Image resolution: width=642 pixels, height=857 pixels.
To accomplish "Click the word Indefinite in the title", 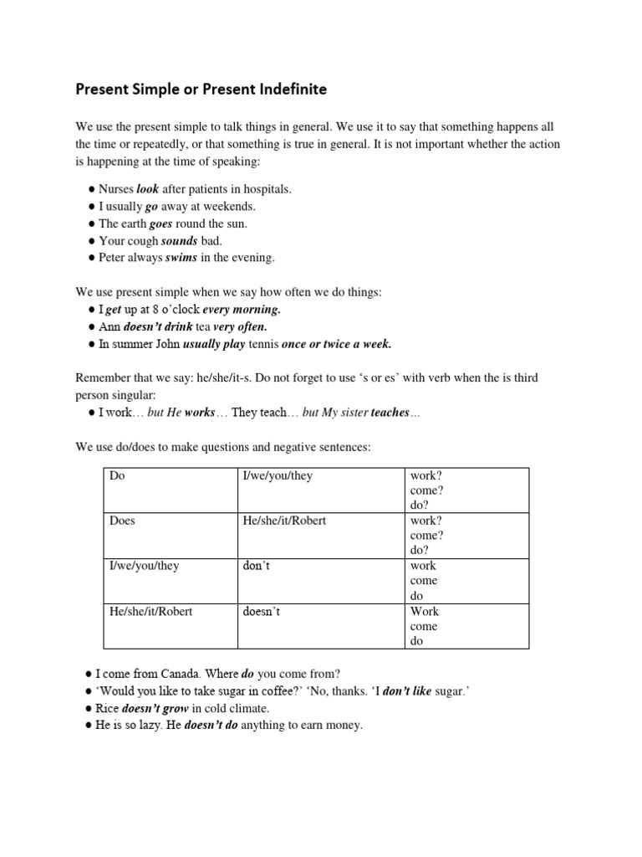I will [x=284, y=88].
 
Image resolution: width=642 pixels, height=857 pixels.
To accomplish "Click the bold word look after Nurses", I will [x=147, y=189].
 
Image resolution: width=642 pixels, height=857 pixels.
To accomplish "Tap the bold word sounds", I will [x=178, y=240].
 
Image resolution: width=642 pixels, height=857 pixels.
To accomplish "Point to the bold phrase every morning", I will [x=242, y=310].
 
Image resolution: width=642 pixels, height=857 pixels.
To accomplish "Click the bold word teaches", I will [x=390, y=413].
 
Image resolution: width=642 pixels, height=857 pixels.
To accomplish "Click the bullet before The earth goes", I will [x=90, y=223].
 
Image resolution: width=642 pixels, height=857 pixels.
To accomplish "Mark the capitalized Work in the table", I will [x=424, y=611].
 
